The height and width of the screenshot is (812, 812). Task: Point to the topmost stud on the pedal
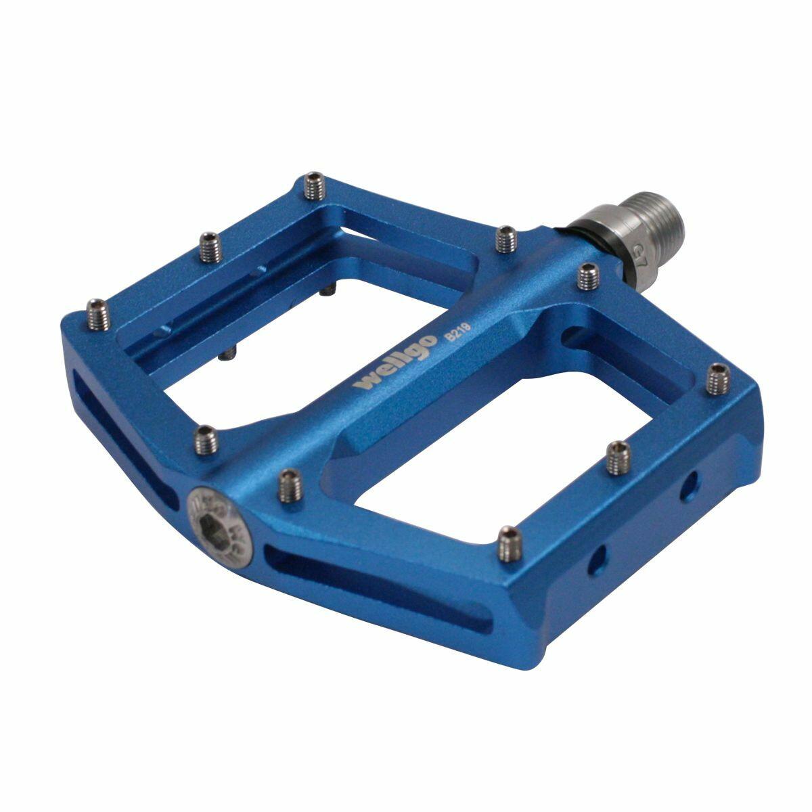[313, 186]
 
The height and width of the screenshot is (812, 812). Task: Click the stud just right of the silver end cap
[290, 485]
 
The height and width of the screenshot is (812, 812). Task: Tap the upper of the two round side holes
[690, 485]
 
